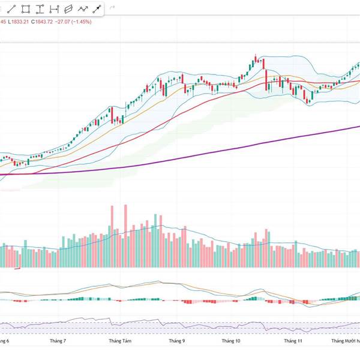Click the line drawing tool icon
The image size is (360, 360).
[x=12, y=9]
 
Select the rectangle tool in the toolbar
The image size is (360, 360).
[x=26, y=9]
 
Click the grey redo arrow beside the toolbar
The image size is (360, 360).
[x=112, y=8]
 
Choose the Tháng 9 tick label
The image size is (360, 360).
[x=177, y=341]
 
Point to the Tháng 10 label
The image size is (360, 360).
[x=231, y=341]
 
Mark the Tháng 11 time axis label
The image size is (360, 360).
[x=292, y=341]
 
